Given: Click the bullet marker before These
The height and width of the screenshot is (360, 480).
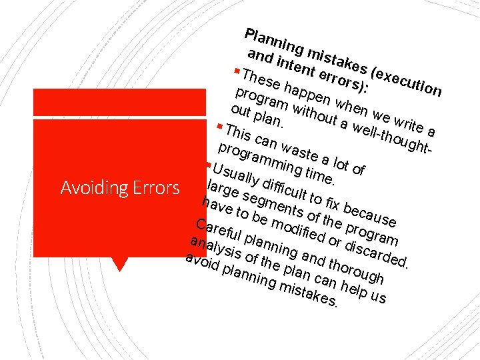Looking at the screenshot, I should tap(238, 70).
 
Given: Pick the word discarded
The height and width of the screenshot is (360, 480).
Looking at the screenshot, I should tap(379, 253).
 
